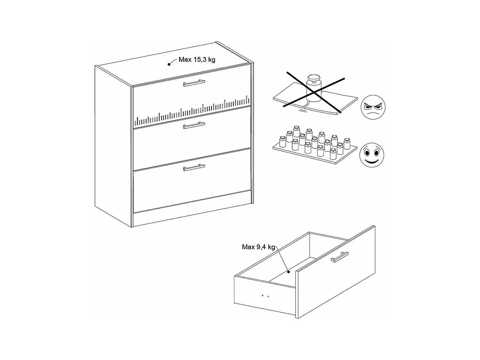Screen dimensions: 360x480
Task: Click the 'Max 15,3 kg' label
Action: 197,60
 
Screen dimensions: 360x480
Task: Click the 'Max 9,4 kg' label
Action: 258,247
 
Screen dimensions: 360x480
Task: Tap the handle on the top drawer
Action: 194,84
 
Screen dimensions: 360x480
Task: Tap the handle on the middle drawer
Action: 194,125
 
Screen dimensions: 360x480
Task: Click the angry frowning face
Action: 373,107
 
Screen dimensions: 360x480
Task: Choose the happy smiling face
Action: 372,155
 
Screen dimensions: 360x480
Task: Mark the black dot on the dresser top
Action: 169,64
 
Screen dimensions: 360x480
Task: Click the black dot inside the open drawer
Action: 288,272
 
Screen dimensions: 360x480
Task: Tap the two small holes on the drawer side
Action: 265,296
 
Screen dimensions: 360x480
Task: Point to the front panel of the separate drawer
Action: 336,275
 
